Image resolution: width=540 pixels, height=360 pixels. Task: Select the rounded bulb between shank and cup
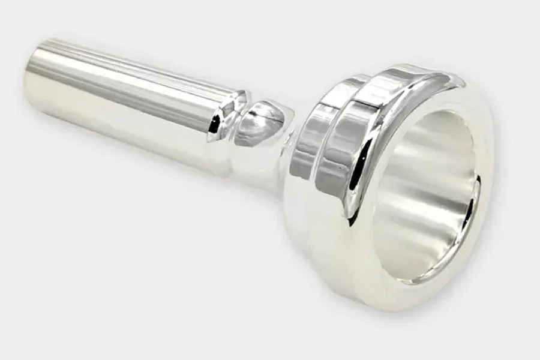click(x=264, y=123)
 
